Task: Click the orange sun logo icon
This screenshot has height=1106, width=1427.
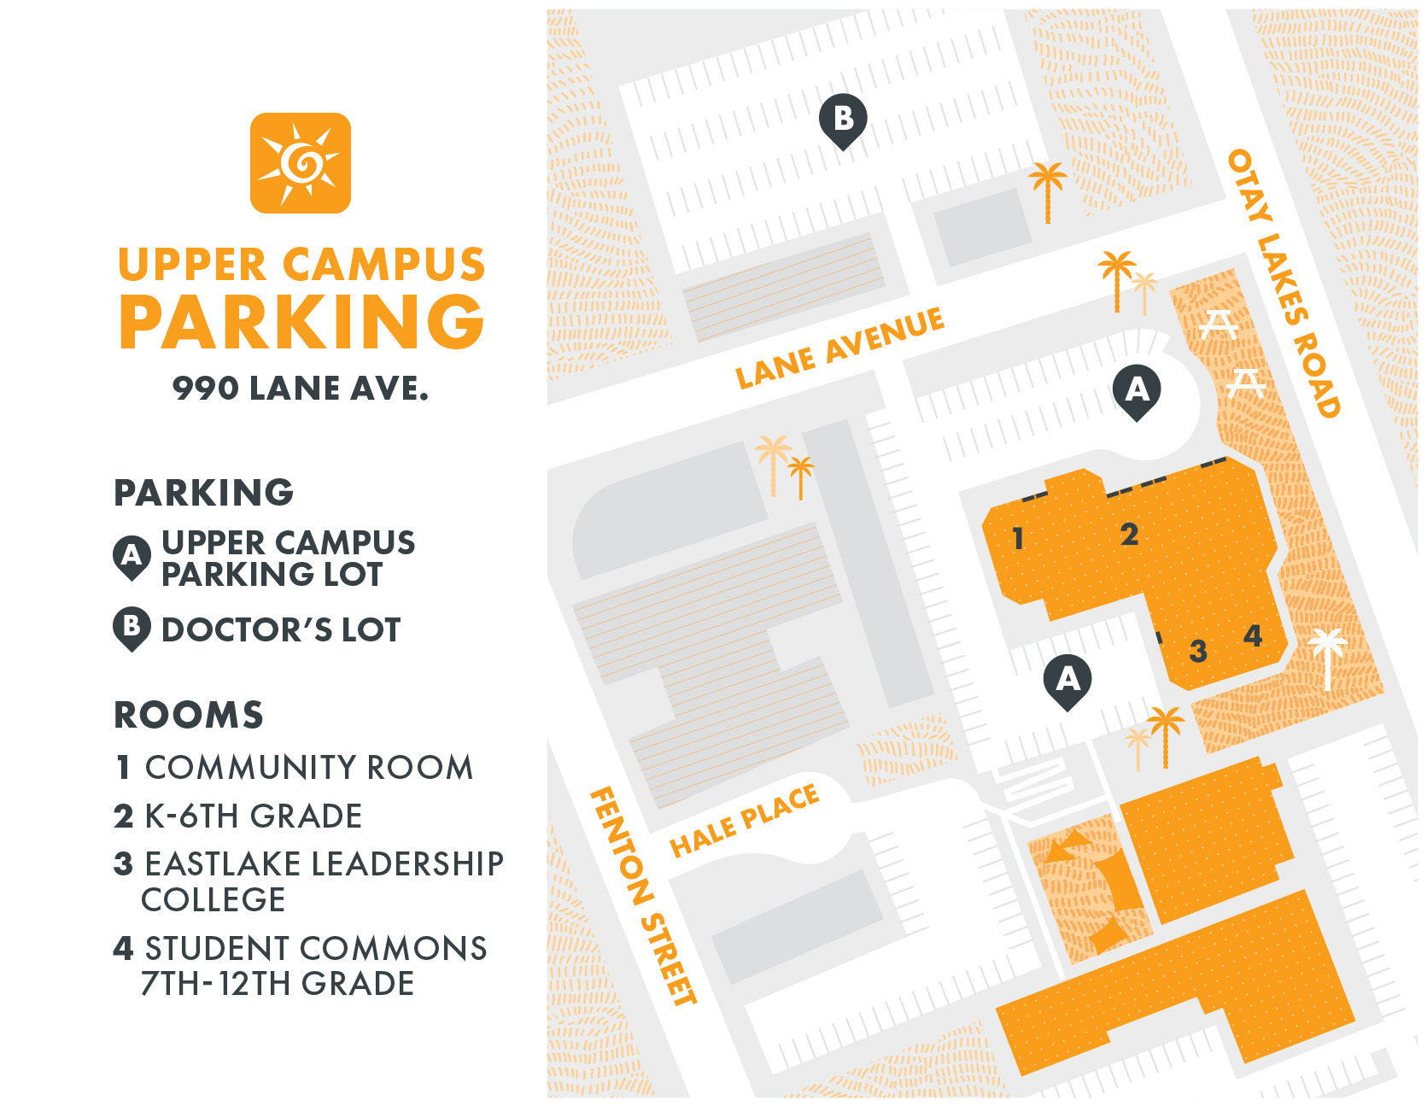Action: pos(300,163)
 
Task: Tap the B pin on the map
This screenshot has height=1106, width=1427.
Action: pos(843,120)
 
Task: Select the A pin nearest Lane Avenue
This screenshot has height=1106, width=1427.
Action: pos(1137,391)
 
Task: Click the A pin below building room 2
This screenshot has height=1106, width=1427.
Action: pos(1067,681)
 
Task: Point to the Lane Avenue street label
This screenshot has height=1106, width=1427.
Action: pos(840,348)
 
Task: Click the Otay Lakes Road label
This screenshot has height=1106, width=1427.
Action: pos(1283,284)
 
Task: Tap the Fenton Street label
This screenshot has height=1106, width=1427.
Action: pos(643,896)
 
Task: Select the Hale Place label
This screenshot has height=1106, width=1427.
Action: pos(744,821)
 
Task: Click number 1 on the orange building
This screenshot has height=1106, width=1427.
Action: pos(1017,539)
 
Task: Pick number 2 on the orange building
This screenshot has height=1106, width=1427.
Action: pos(1129,535)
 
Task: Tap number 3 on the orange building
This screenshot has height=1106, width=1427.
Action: pos(1198,652)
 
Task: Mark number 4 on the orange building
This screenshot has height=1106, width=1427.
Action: pos(1253,635)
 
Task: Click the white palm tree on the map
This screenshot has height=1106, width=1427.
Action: pos(1327,657)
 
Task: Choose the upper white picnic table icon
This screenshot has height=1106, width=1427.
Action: pos(1218,325)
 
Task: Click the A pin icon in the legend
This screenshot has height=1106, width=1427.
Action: pos(132,558)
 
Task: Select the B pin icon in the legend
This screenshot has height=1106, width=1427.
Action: pos(132,629)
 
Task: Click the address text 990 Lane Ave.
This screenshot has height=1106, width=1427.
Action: pos(301,389)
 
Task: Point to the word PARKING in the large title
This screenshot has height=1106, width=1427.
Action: pos(301,322)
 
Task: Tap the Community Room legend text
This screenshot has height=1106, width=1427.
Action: pos(307,767)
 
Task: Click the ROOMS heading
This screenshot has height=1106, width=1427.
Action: pos(189,715)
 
